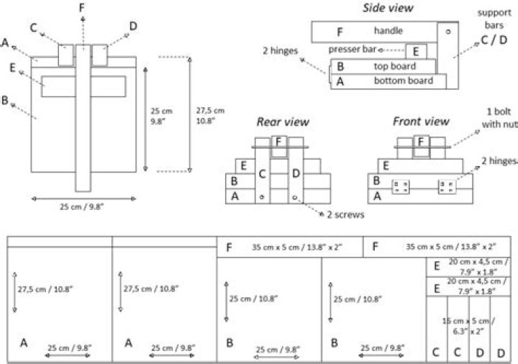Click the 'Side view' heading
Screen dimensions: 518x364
click(388, 8)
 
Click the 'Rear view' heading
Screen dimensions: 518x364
click(283, 122)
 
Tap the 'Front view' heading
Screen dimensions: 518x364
click(421, 122)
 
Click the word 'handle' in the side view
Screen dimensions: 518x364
click(388, 31)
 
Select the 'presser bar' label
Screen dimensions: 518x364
click(352, 50)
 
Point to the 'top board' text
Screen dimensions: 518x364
click(395, 66)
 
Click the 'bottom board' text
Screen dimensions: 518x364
click(404, 81)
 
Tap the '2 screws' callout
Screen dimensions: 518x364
click(345, 214)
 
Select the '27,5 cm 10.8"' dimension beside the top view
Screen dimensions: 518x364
click(210, 116)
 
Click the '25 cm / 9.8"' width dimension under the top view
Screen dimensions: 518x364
click(82, 206)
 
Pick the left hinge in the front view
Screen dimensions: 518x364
click(401, 186)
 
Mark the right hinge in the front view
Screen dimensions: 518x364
click(447, 186)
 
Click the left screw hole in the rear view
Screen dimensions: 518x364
click(262, 197)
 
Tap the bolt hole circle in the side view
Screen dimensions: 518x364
click(448, 32)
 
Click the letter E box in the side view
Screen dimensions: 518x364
click(417, 52)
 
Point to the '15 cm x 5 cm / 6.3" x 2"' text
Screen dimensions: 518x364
click(468, 326)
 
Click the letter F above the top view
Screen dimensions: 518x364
click(82, 8)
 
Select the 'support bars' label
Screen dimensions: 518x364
click(494, 19)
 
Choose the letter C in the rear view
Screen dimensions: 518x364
click(263, 174)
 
